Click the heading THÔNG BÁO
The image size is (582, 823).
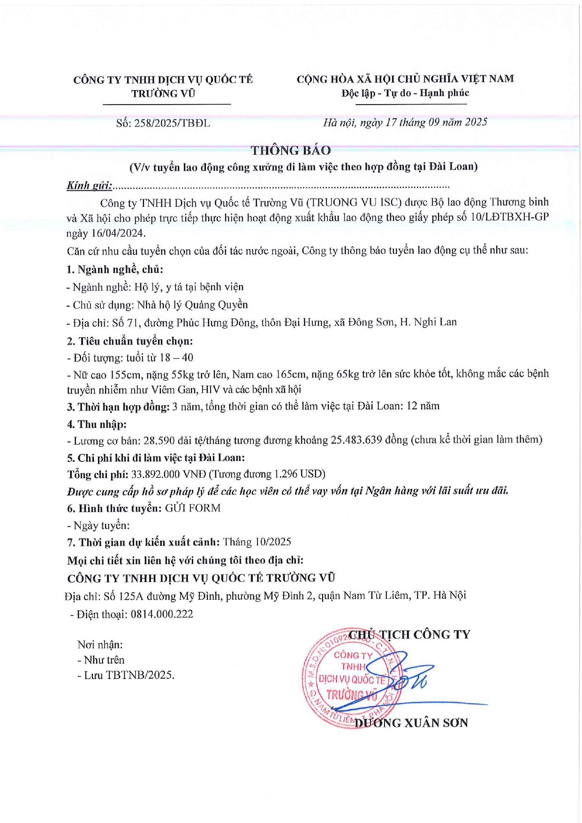point(290,151)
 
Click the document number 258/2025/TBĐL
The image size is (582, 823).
point(172,123)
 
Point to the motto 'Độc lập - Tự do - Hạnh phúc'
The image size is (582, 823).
point(405,93)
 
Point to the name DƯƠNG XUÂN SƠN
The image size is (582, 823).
point(411,723)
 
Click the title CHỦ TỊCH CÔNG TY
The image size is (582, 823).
point(409,634)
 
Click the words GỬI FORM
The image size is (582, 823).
point(193,508)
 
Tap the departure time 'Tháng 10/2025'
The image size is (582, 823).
point(257,542)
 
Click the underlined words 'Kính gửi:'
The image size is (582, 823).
point(89,186)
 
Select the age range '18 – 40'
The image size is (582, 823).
point(176,358)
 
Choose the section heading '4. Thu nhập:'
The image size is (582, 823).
point(97,424)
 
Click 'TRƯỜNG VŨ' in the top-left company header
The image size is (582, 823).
point(163,93)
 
